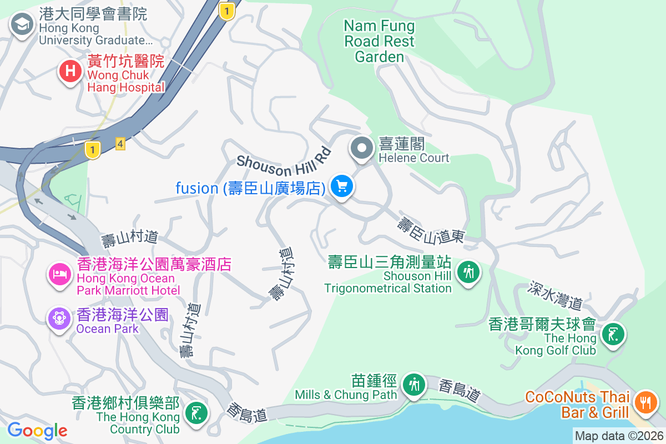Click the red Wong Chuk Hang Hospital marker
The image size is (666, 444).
(x=70, y=72)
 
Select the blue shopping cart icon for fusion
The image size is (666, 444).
(x=342, y=187)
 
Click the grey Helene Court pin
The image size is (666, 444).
(x=362, y=148)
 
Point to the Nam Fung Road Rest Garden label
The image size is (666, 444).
(x=380, y=41)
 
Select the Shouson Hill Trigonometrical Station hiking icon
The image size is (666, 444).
(x=469, y=272)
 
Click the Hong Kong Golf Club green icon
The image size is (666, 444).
(x=613, y=335)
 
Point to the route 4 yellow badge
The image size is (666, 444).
(x=120, y=144)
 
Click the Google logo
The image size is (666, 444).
(x=37, y=431)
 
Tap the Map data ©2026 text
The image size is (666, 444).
(x=619, y=436)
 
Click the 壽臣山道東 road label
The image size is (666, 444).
(x=431, y=231)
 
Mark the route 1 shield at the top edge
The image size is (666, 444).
(x=226, y=11)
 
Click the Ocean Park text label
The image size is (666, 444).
(x=108, y=329)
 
